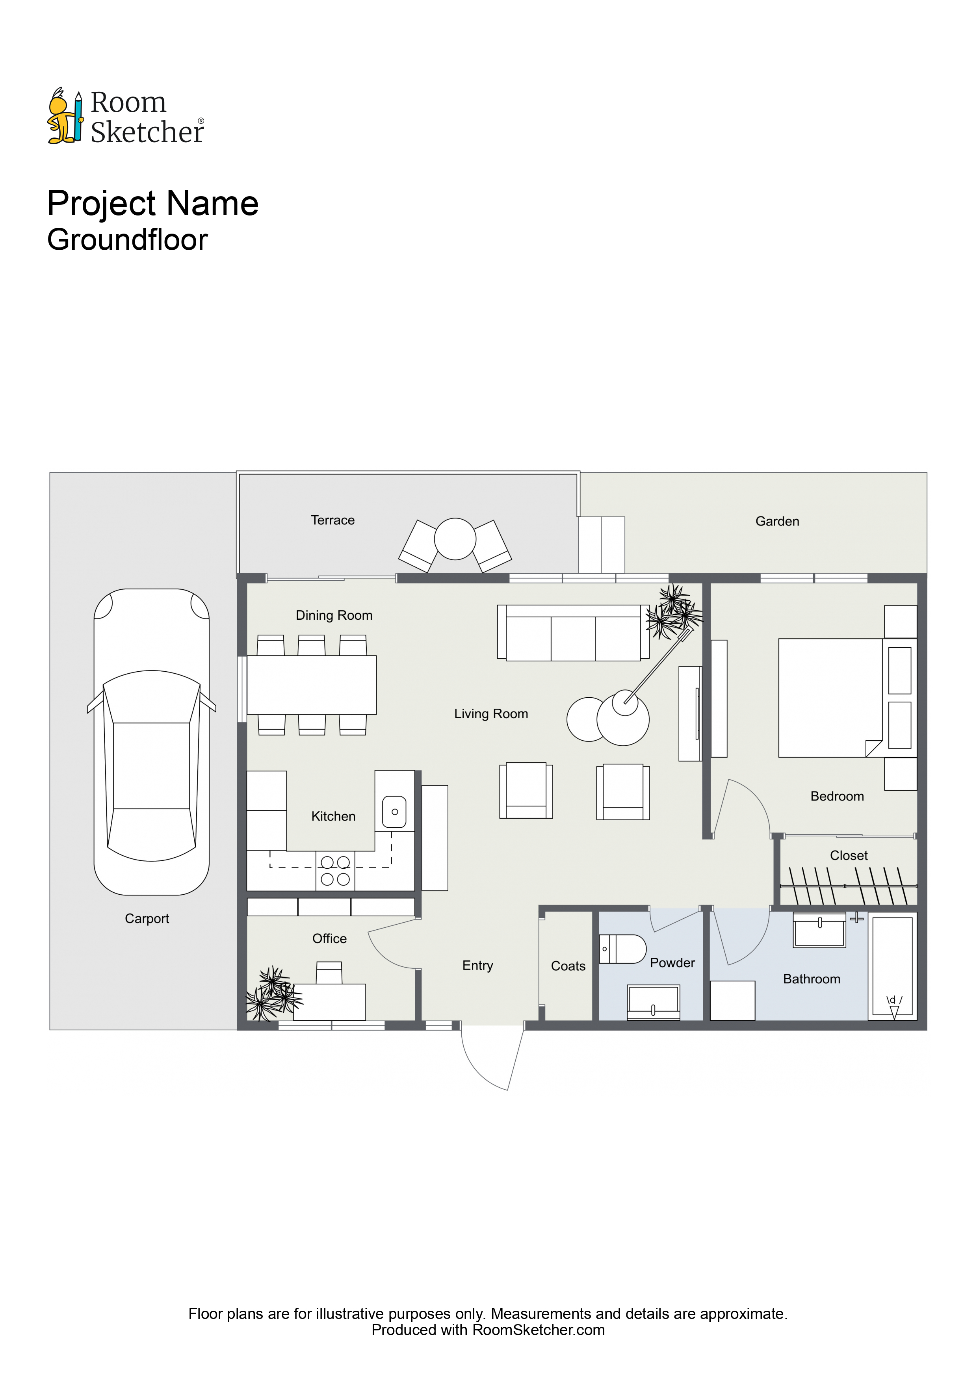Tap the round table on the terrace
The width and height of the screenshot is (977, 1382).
pos(455,539)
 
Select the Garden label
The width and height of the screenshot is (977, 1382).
pos(777,521)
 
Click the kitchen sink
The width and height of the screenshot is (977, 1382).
pos(394,812)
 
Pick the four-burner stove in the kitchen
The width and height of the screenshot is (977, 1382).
pos(335,871)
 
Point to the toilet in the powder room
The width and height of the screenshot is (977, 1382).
pos(622,949)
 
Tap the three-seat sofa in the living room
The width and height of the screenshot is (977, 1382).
pos(573,633)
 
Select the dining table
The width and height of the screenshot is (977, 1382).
pos(312,685)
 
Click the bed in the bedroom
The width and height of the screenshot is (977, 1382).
pos(831,698)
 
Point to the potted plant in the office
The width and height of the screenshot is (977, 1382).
pos(273,994)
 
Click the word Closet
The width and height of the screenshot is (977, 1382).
pos(849,855)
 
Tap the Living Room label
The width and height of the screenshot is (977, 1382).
pos(491,714)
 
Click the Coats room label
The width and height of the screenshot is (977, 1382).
pos(568,966)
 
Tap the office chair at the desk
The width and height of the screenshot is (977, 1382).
pos(329,973)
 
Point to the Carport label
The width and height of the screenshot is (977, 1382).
pos(147,919)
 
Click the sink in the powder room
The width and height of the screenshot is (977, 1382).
pos(654,1002)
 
